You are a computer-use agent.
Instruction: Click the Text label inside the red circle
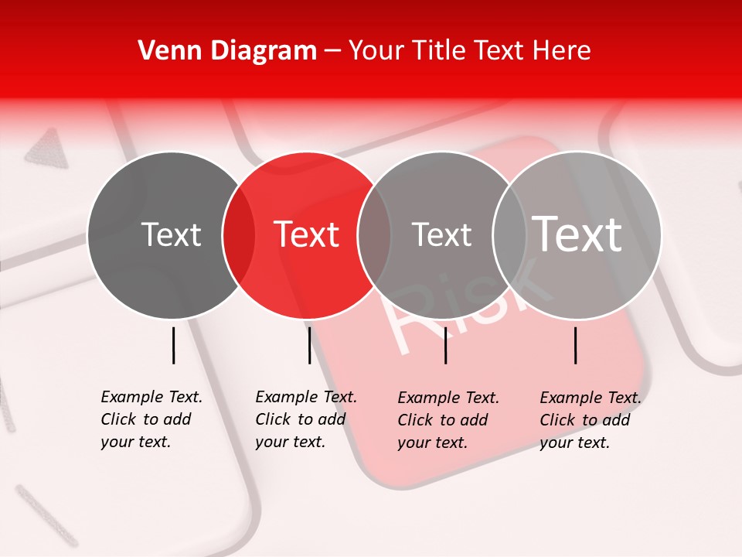(x=307, y=234)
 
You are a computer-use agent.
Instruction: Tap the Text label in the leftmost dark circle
(x=172, y=234)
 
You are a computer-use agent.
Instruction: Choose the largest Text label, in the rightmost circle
(x=577, y=234)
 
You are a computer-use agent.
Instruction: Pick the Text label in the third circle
(x=442, y=234)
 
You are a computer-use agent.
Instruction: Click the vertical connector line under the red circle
(x=309, y=345)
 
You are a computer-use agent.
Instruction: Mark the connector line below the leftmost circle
(x=174, y=345)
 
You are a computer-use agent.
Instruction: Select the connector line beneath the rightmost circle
(x=576, y=345)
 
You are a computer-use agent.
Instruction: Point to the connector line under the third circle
(x=446, y=345)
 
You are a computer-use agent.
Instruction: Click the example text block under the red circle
(x=305, y=419)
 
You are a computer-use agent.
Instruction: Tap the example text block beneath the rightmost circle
(x=590, y=420)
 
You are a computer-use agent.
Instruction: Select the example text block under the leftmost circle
(x=151, y=419)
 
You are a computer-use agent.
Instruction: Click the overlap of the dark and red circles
(x=239, y=234)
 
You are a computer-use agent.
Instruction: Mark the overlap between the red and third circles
(x=374, y=234)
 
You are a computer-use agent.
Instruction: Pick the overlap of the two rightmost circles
(x=509, y=234)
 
